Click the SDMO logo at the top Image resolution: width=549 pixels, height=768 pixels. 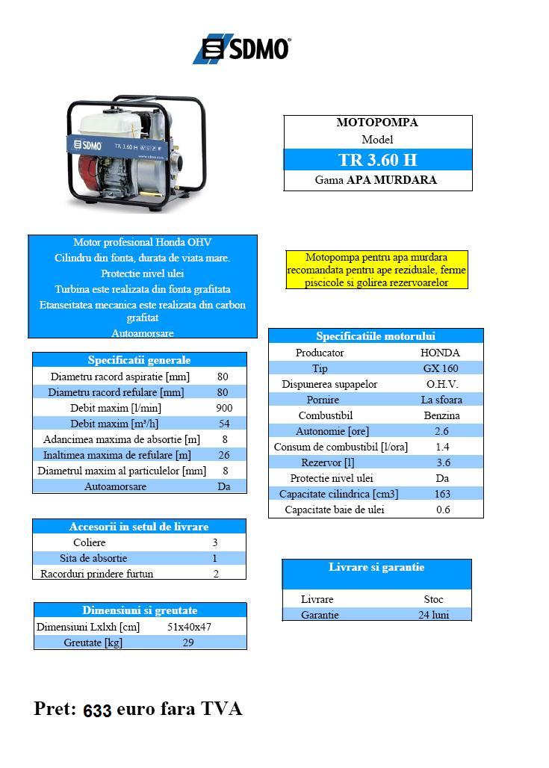242,49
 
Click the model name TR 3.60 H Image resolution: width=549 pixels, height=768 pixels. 377,160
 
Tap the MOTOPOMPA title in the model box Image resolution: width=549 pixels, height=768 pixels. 377,123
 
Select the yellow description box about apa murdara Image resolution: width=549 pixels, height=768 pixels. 377,270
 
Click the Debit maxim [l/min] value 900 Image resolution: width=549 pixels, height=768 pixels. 224,408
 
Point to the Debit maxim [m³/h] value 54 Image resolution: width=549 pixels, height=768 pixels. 224,424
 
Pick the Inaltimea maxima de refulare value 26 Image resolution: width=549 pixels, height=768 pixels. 224,455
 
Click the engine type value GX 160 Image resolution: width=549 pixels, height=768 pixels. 441,368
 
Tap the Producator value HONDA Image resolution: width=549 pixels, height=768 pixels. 441,353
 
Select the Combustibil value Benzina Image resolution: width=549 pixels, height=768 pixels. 441,415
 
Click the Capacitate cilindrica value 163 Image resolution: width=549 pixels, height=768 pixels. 442,494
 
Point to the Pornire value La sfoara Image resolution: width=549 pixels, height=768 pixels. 441,400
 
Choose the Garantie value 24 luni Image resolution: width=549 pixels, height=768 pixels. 434,615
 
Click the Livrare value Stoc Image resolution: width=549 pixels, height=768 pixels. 434,599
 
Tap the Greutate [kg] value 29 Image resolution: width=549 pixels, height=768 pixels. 188,642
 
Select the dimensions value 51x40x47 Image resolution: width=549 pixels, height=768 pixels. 189,627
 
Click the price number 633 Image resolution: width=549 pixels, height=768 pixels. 97,710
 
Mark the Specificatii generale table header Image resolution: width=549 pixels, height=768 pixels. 139,360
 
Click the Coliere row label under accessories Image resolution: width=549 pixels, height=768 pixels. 90,542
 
